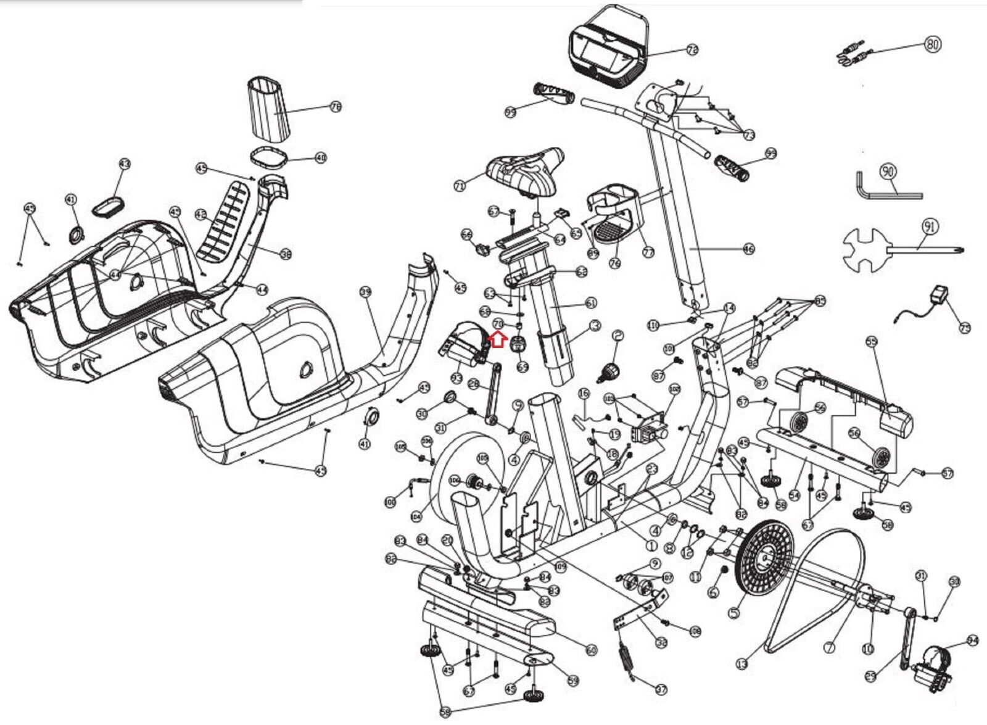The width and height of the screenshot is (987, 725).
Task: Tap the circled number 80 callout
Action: [x=933, y=44]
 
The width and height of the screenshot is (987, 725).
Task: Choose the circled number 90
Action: [x=888, y=171]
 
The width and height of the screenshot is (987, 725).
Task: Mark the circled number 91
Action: [x=930, y=226]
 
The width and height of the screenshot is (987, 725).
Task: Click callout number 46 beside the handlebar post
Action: [x=749, y=249]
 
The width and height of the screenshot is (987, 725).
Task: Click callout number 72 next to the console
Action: [x=692, y=51]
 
